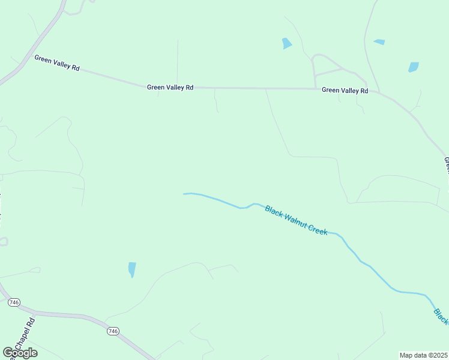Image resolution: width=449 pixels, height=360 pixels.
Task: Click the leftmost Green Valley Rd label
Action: point(57,63)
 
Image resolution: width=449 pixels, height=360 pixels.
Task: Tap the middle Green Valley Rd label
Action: point(170,87)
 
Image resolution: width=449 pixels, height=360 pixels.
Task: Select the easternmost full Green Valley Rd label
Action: point(345,90)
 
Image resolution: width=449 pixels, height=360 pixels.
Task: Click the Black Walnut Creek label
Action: point(297,220)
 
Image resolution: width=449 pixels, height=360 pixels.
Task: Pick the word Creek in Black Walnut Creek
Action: point(318,229)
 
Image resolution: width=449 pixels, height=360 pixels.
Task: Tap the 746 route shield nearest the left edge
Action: point(14,302)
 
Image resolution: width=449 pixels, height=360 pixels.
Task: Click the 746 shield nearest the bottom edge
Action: point(113,331)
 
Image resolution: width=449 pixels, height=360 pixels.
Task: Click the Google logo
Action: point(20,352)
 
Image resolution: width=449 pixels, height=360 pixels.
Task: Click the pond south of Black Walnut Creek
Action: point(132,269)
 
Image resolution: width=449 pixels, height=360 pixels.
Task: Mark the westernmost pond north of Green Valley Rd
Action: point(287,43)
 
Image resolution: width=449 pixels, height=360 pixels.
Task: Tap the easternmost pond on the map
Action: point(413,67)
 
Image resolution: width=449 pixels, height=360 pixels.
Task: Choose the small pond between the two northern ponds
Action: point(379,42)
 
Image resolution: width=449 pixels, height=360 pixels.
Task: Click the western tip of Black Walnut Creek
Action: point(184,194)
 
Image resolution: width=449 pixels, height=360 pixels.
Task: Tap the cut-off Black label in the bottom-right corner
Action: point(441,316)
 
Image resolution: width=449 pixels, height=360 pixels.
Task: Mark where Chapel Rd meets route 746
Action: point(35,313)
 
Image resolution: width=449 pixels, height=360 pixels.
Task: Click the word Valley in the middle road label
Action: point(171,87)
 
